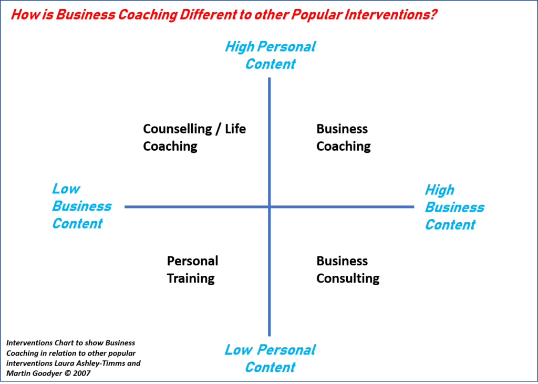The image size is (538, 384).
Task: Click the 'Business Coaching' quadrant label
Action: tap(343, 138)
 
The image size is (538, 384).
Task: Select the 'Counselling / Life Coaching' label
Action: tap(194, 138)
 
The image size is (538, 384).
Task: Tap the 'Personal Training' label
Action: tap(192, 269)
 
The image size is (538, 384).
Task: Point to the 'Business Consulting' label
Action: tap(347, 269)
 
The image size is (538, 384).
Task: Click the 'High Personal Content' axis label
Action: tap(270, 55)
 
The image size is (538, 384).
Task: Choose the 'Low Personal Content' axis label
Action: tap(270, 358)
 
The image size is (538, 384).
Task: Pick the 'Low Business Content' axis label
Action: tap(81, 206)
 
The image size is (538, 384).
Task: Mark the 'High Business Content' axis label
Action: tap(454, 207)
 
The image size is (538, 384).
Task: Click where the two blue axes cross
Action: tap(270, 207)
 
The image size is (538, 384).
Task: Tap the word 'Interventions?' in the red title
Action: tap(388, 14)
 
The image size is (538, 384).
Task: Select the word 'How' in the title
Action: tap(23, 14)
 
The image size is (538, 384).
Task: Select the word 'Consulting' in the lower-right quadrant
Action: tap(347, 278)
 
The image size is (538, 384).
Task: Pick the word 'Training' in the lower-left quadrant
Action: tap(190, 278)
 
